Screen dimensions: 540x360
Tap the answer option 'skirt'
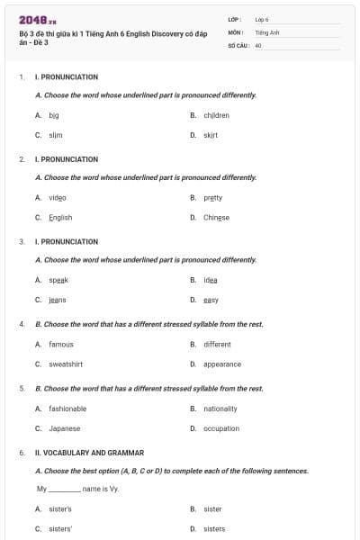tap(211, 135)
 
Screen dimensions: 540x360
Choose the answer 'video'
tap(57, 197)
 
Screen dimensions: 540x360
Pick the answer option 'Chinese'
tap(216, 217)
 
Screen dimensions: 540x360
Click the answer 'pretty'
tap(212, 197)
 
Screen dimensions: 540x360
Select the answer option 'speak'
tap(58, 280)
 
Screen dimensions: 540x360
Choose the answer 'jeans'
tap(58, 300)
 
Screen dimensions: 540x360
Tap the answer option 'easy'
tap(211, 300)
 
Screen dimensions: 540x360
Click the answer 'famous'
tap(61, 344)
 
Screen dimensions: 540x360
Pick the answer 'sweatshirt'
tap(67, 364)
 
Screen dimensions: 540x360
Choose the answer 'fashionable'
tap(67, 409)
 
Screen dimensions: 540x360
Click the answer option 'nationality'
tap(220, 409)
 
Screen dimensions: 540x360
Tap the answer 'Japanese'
tap(64, 428)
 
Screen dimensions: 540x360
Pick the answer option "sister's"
tap(60, 508)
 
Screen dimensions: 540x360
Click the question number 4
tap(22, 324)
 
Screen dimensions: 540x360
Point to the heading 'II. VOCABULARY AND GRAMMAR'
tap(89, 453)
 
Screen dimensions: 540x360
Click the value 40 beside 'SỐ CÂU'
tap(258, 44)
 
